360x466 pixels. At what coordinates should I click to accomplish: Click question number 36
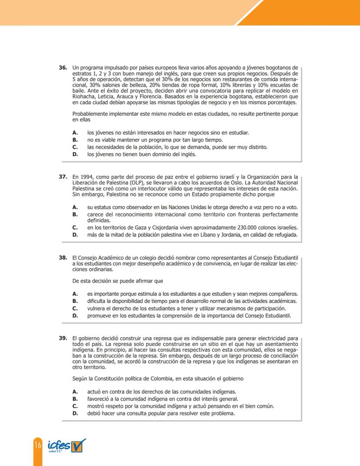tap(63, 68)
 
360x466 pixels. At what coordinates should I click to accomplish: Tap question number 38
tap(63, 258)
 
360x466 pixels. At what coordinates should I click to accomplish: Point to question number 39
tap(63, 338)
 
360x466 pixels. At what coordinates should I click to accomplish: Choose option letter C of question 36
tap(75, 147)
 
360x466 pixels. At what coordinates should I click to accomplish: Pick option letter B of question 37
tap(75, 215)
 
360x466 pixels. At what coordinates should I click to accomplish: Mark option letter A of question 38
tap(75, 294)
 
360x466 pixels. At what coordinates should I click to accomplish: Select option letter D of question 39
tap(75, 413)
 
